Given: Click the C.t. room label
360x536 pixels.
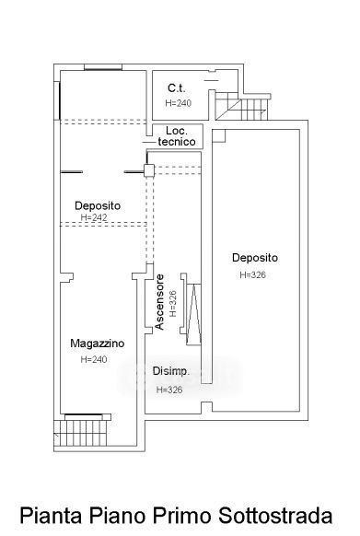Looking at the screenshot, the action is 177,88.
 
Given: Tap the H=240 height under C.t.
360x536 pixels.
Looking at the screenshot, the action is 178,103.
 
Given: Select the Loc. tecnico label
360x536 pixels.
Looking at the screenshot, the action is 177,136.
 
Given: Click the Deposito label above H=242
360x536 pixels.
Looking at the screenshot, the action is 98,205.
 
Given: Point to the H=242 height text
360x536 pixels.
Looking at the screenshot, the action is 94,217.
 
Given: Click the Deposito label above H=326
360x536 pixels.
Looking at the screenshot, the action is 255,257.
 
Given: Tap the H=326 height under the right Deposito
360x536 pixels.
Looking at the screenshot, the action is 252,274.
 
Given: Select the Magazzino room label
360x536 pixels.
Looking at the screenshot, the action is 98,344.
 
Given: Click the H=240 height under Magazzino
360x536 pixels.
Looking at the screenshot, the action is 94,359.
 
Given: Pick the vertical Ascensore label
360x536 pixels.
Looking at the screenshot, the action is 159,302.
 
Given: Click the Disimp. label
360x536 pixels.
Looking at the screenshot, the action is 171,371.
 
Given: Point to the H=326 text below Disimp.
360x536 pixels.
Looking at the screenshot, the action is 169,390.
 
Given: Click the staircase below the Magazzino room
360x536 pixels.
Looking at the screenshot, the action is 83,433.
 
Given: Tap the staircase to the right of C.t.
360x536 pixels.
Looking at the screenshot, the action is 241,106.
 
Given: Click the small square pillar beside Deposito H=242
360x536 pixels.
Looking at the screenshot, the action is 149,170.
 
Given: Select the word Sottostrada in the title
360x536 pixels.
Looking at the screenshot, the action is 276,515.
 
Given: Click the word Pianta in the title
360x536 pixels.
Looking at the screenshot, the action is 51,515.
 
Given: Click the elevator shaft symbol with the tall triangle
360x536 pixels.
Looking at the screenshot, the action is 193,314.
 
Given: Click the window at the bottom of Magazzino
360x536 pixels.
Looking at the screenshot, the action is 84,415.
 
